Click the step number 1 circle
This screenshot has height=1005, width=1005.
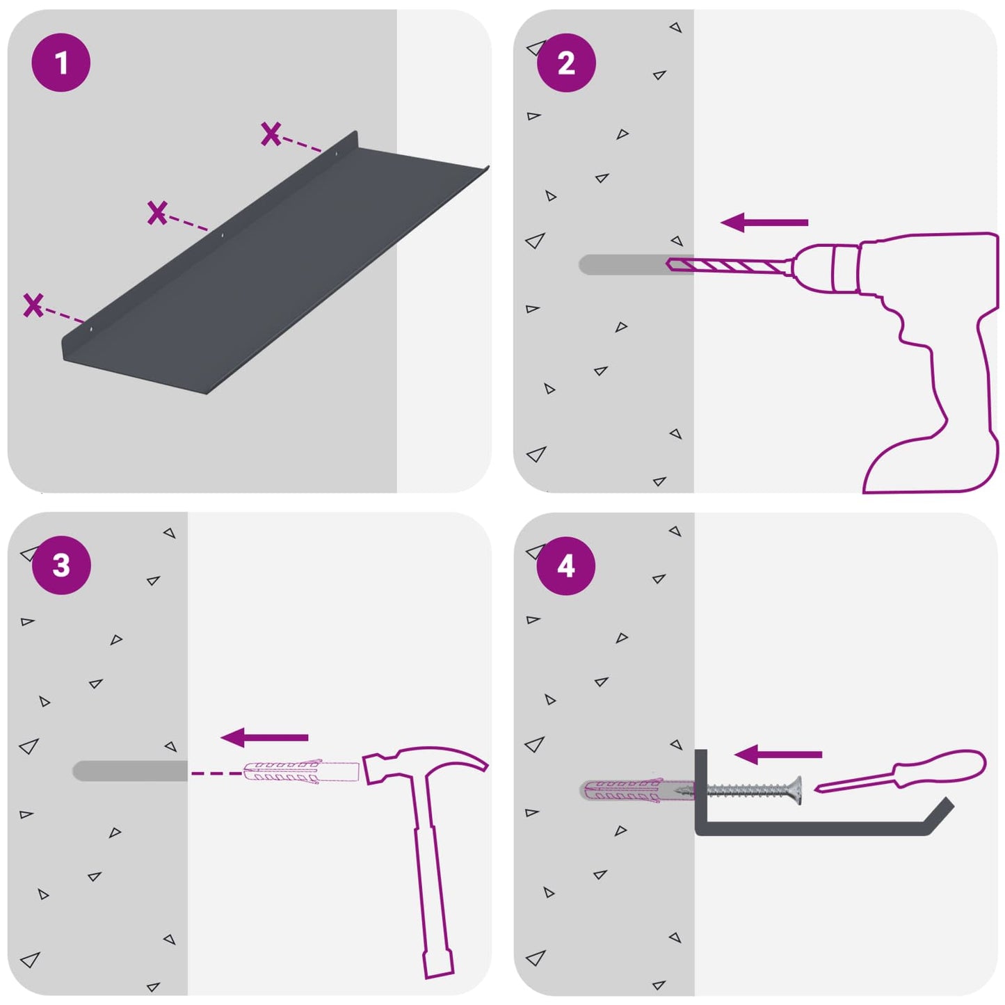(61, 63)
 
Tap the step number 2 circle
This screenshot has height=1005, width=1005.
(566, 63)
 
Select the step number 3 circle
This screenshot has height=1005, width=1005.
(61, 565)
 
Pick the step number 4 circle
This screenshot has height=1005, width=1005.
(566, 566)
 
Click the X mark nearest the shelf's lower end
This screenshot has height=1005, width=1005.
(33, 305)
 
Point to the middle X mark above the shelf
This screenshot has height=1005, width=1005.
(157, 213)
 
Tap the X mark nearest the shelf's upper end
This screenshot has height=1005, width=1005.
(271, 134)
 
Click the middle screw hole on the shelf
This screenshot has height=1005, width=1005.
(222, 235)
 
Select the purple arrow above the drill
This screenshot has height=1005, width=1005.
(764, 222)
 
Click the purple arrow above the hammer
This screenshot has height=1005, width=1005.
(264, 737)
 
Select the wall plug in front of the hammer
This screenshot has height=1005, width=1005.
(301, 773)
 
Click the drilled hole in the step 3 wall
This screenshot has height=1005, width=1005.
(130, 771)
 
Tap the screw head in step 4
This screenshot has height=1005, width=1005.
(796, 791)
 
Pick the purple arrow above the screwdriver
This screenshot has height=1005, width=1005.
(778, 754)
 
